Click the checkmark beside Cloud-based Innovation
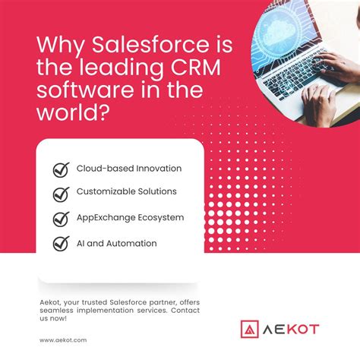click(61, 169)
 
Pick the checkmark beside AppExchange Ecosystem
click(61, 219)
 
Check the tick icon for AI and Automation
click(61, 245)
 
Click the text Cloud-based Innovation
click(129, 168)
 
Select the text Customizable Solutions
click(127, 192)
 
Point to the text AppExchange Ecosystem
click(130, 218)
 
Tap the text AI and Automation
click(116, 244)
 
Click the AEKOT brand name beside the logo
click(292, 330)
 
